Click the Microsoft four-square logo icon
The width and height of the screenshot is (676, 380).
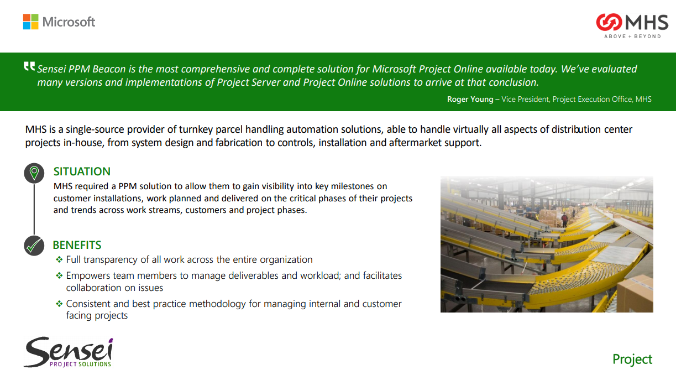[31, 22]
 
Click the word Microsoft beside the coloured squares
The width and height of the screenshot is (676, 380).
[69, 22]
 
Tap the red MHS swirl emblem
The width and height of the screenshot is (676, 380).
[609, 22]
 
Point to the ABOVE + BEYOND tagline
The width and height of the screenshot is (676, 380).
[632, 37]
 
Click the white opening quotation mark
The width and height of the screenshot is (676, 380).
[29, 66]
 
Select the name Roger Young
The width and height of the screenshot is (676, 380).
[470, 99]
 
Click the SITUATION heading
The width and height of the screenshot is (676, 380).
[82, 171]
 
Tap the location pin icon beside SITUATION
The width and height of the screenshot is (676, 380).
[34, 173]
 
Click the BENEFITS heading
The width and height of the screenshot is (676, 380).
[77, 245]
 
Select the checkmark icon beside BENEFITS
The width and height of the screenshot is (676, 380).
[34, 246]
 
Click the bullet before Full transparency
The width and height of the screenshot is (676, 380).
[59, 259]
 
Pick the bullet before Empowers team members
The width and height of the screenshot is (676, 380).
[59, 275]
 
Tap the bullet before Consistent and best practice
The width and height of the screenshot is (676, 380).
[59, 304]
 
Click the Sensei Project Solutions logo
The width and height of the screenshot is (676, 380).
[68, 352]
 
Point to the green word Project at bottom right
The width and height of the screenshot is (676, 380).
[632, 360]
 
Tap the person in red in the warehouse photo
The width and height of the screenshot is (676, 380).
[564, 219]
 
